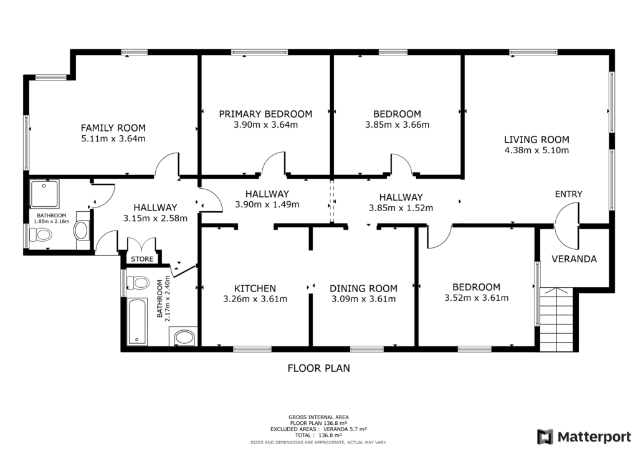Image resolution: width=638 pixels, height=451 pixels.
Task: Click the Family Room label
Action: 113,128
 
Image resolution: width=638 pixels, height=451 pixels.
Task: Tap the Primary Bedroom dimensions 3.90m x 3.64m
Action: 265,125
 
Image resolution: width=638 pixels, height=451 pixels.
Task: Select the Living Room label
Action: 536,140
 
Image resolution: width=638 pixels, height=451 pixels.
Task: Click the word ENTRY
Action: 568,194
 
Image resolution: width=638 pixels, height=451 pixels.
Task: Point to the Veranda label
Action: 574,259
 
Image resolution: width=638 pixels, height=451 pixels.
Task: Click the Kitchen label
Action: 255,288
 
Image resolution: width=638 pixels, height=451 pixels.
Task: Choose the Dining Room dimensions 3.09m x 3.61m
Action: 363,299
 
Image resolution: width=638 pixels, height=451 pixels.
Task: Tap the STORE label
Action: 142,259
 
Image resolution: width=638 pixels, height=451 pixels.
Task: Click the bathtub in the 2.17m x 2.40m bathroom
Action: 137,321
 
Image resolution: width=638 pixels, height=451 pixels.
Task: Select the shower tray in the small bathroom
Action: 45,194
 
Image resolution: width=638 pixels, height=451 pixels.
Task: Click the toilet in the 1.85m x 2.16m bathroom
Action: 40,235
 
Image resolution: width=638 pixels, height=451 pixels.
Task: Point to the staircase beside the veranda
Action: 556,319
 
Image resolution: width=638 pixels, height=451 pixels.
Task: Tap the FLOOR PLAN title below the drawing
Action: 318,368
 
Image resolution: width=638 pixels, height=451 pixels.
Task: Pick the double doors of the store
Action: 141,245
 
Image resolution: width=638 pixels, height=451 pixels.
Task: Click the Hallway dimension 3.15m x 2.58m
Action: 155,219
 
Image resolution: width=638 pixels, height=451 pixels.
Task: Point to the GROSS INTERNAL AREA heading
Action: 318,417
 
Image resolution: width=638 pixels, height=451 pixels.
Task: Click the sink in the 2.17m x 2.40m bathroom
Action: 184,338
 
